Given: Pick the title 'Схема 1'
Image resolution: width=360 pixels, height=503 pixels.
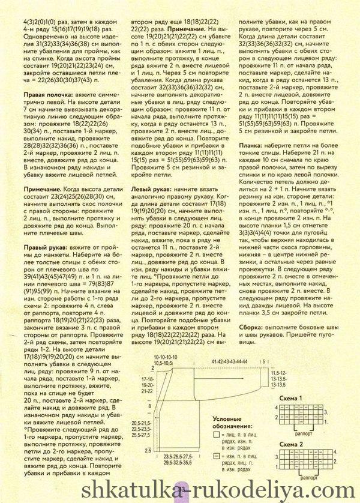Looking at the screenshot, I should click(x=290, y=399).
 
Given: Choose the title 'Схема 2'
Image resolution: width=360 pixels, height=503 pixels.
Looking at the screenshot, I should click(x=289, y=443).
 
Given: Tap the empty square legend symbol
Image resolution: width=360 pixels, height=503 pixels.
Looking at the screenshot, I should click(x=216, y=433).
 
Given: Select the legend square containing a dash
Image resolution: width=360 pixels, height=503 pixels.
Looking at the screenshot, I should click(x=216, y=457).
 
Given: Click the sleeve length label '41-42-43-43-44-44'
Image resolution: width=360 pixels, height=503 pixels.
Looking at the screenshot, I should click(x=229, y=361).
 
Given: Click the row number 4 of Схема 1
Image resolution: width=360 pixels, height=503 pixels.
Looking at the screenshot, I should click(x=277, y=408).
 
